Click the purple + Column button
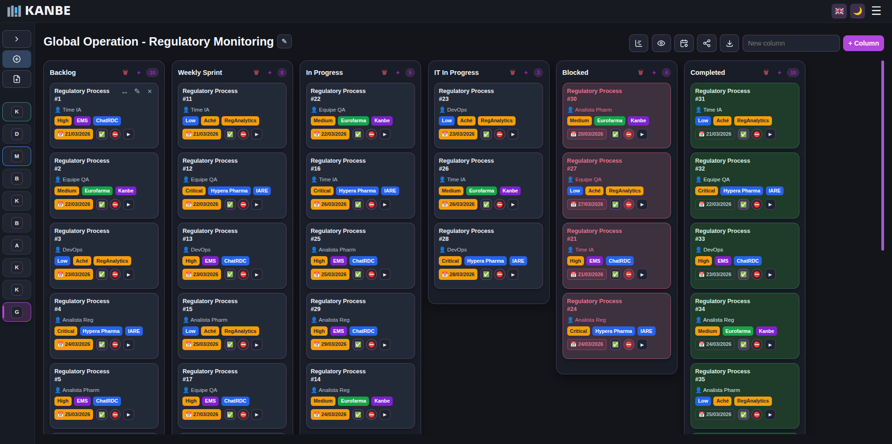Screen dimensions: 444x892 [x=863, y=43]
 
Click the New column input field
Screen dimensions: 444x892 [x=791, y=43]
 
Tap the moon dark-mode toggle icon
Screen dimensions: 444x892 [x=857, y=11]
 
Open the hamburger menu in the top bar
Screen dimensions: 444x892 [x=876, y=11]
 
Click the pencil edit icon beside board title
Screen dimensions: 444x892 [x=284, y=41]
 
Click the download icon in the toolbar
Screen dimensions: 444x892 [x=729, y=43]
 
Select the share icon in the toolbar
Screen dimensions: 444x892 [x=706, y=43]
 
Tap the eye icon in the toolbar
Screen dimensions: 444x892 [x=661, y=43]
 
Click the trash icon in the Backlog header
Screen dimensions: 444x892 [x=125, y=73]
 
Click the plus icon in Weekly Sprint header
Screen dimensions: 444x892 [x=269, y=73]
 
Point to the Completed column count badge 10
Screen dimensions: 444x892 [x=793, y=73]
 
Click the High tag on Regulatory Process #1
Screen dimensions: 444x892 [x=63, y=121]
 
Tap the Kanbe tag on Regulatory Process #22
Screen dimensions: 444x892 [x=382, y=121]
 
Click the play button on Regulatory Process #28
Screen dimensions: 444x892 [x=513, y=275]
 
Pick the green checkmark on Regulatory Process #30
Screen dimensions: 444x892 [x=615, y=134]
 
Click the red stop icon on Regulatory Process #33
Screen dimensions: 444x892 [x=757, y=275]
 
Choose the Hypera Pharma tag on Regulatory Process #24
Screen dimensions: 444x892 [x=613, y=331]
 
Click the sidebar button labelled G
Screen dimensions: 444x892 [x=17, y=312]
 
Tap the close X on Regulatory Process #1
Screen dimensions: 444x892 [x=150, y=92]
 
